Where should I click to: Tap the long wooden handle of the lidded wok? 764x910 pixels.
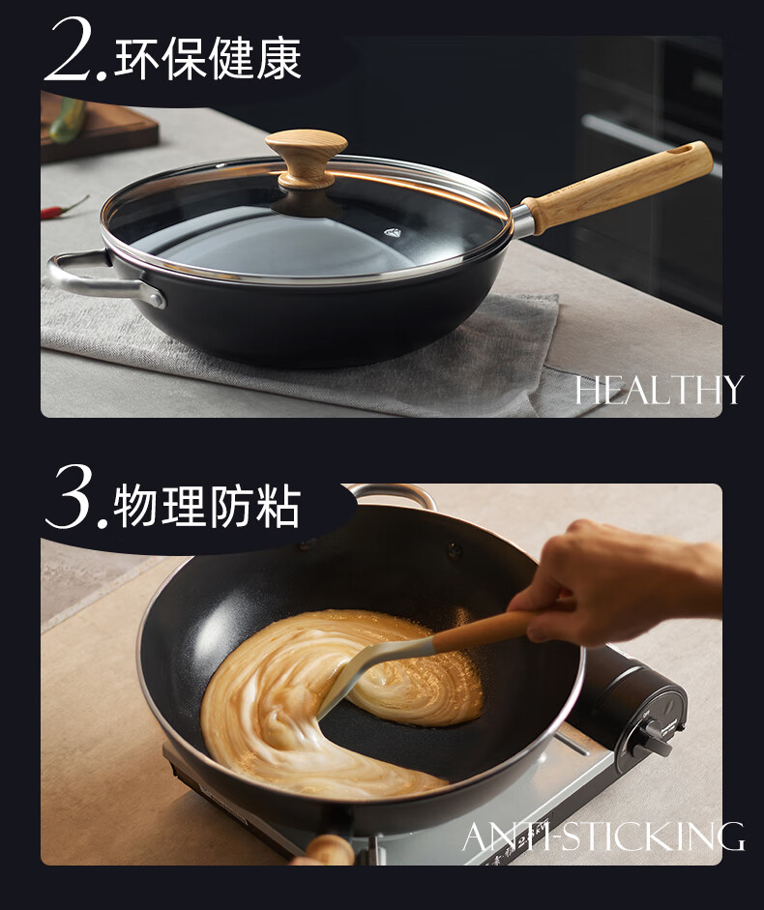pos(617,187)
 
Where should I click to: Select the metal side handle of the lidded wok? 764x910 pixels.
pos(104,279)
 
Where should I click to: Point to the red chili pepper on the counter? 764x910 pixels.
pos(64,208)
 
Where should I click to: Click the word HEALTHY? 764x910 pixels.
pos(659,390)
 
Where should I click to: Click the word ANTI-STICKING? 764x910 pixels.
pos(603,837)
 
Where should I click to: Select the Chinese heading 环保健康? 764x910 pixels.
pos(208,58)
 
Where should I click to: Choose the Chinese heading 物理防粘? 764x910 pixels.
pos(207,507)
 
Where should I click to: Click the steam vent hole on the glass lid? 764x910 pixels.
pos(393,233)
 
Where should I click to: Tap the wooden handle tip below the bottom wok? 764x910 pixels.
pos(328,850)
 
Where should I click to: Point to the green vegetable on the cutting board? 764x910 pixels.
pos(69,120)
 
